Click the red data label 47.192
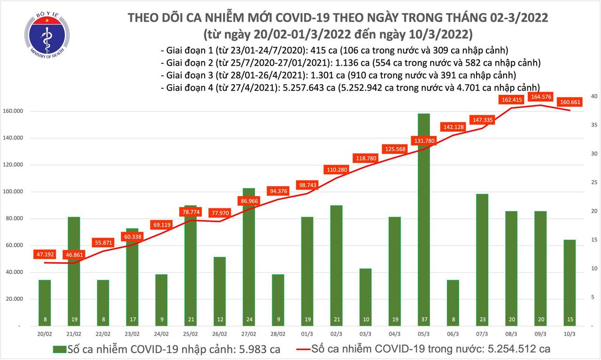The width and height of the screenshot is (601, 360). coord(45,255)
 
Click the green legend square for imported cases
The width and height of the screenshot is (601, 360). coord(59,349)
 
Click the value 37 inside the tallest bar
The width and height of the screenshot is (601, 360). coord(424,320)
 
